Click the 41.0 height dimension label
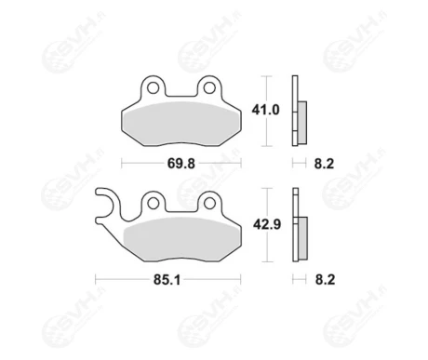265,110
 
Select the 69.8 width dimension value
181,164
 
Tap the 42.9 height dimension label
267,224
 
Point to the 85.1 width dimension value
167,280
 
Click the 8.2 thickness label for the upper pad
324,164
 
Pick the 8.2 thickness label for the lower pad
325,280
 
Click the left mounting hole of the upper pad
153,88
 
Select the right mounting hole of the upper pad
209,88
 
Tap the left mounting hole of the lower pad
153,204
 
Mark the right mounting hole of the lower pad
209,204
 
